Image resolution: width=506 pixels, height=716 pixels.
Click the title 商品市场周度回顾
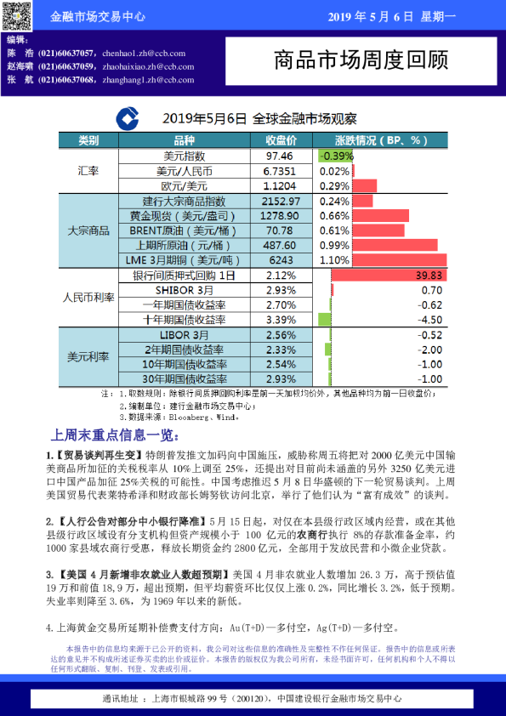(x=361, y=60)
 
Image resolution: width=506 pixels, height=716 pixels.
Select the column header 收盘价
(x=280, y=140)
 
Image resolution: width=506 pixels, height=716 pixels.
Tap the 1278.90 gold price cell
(x=280, y=216)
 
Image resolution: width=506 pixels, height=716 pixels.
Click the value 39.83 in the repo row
(x=429, y=276)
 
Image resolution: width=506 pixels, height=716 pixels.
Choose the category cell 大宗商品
(x=88, y=230)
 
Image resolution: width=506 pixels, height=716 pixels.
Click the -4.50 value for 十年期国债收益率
(x=431, y=320)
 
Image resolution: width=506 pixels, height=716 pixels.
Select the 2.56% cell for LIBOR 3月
(x=280, y=335)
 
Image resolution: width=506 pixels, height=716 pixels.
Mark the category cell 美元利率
(x=88, y=357)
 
